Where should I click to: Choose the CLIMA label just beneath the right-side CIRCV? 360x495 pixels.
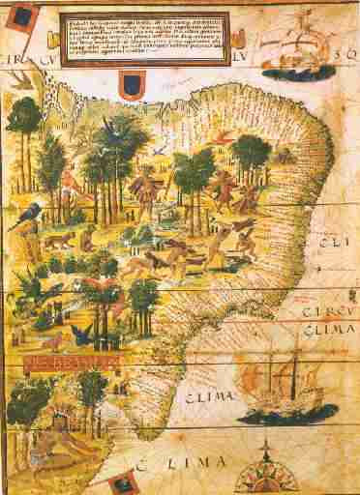click(x=327, y=331)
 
